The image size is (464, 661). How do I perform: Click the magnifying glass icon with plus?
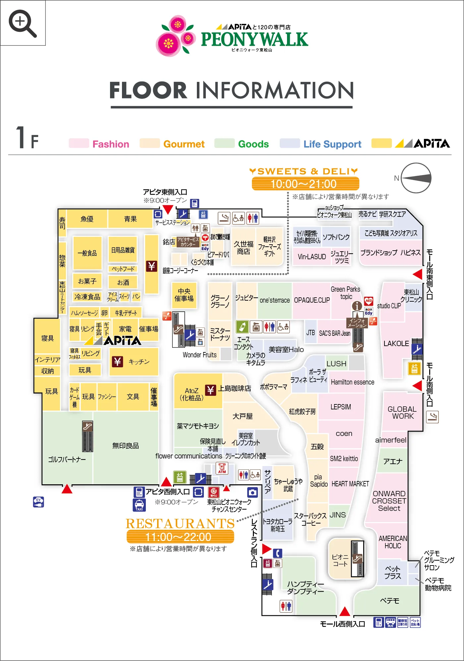click(22, 23)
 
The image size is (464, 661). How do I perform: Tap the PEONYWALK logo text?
click(254, 39)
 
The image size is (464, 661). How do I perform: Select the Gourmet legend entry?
click(184, 144)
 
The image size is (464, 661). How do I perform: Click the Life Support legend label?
click(332, 144)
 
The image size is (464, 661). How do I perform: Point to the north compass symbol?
click(416, 178)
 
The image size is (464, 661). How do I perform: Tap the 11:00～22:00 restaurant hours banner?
click(180, 537)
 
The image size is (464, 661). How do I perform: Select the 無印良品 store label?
click(125, 446)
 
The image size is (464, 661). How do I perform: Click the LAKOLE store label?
click(396, 343)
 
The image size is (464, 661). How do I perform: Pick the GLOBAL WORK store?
click(402, 412)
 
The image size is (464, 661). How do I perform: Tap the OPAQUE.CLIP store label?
click(312, 300)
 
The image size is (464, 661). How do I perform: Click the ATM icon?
click(222, 468)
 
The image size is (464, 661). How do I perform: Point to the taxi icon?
click(139, 505)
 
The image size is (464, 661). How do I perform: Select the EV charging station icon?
click(38, 502)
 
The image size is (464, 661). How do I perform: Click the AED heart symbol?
click(369, 301)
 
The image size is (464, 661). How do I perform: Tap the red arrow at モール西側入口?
click(345, 611)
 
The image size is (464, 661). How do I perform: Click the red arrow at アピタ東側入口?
click(168, 210)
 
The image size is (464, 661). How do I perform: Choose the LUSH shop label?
click(336, 364)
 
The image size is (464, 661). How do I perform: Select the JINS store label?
click(337, 515)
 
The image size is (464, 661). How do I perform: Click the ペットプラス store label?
click(392, 572)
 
